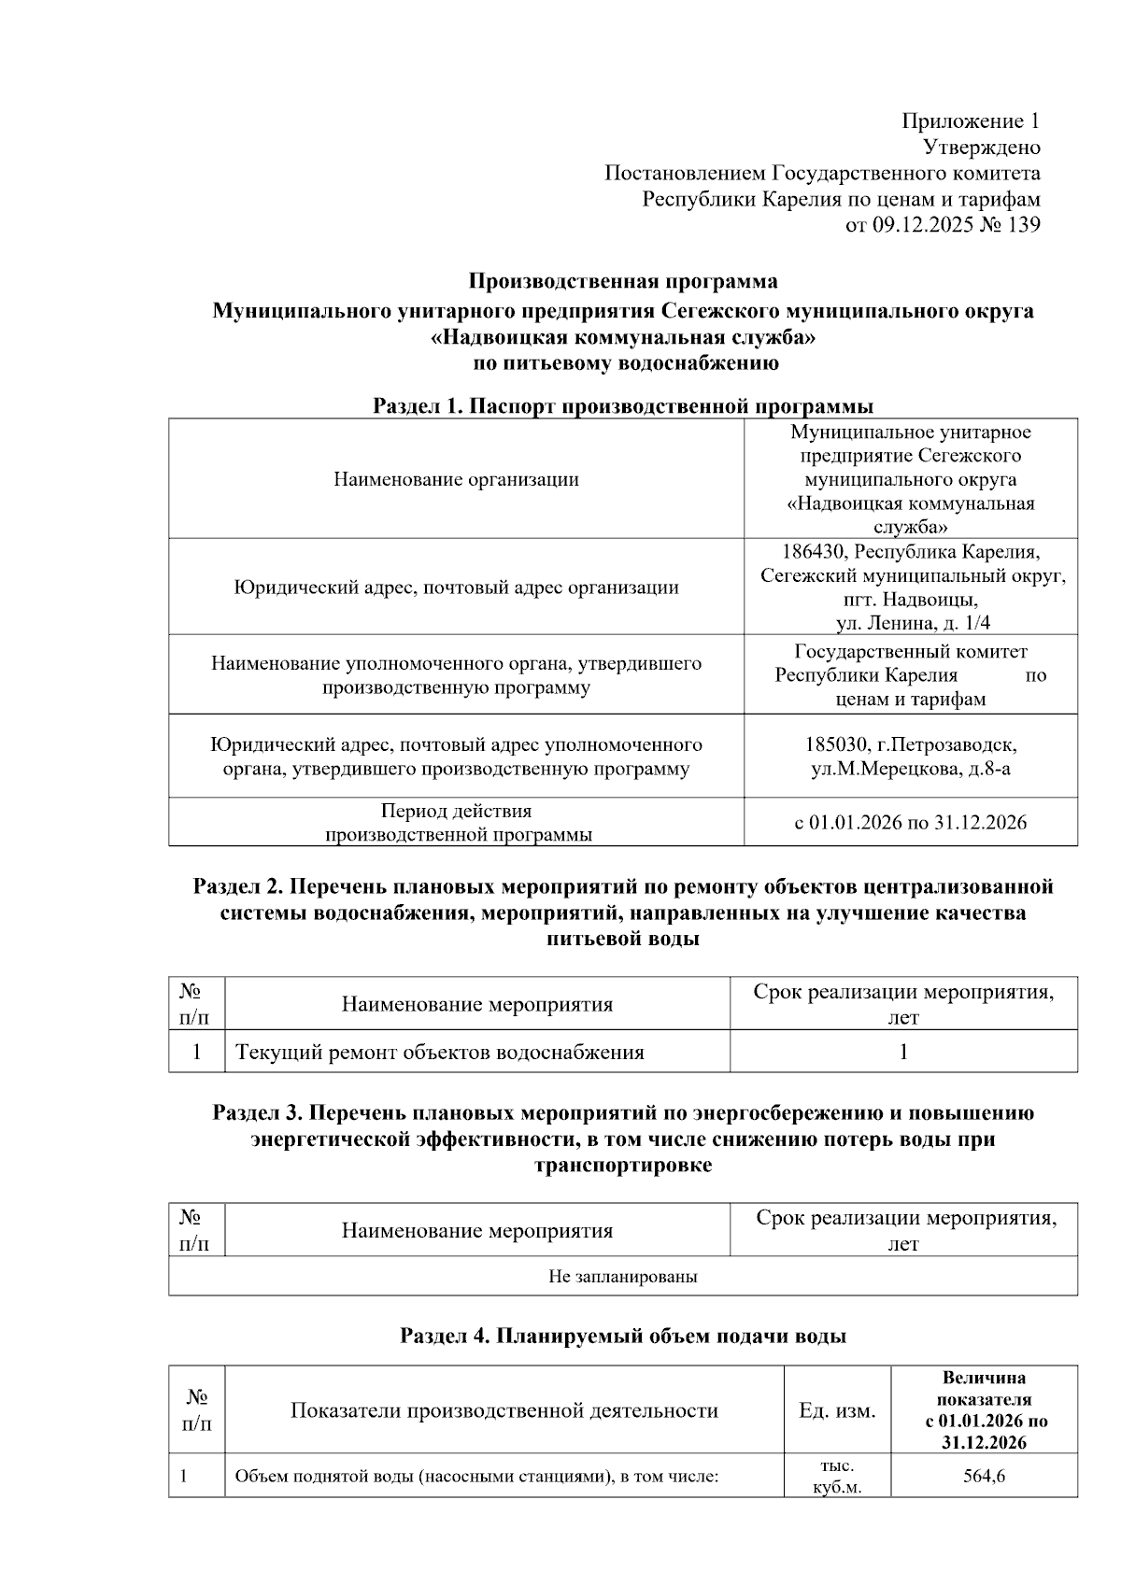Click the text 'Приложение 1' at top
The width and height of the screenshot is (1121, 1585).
click(970, 121)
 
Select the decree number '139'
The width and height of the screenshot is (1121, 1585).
click(1023, 225)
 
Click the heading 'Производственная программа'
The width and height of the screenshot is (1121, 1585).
click(622, 281)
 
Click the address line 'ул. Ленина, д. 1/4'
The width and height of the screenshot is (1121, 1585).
click(911, 624)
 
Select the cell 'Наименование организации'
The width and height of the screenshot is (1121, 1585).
click(456, 479)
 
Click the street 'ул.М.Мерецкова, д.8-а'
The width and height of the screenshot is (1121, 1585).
click(911, 770)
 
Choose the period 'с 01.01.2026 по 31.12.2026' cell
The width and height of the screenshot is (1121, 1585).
click(911, 823)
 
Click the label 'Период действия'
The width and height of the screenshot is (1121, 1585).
click(456, 811)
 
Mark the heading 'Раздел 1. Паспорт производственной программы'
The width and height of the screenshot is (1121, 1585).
click(622, 406)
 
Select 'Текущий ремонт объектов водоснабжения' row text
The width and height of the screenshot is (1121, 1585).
click(440, 1053)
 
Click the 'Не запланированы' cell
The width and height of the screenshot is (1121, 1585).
click(622, 1277)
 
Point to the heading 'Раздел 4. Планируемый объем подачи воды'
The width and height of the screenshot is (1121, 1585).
click(622, 1337)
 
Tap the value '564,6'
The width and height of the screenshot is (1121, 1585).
click(984, 1477)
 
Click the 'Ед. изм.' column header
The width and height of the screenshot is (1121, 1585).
click(837, 1410)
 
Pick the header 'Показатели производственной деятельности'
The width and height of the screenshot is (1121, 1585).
click(504, 1410)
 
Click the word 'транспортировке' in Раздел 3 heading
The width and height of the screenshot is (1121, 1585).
click(622, 1166)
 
